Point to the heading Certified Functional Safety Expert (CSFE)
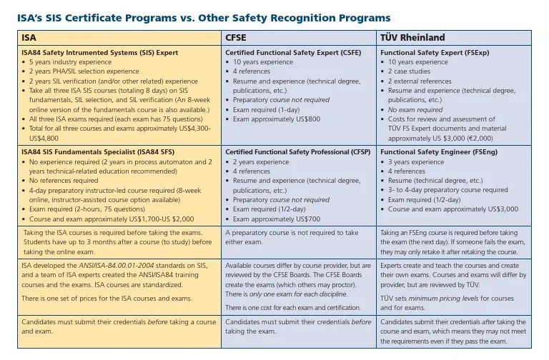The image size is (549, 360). click(293, 53)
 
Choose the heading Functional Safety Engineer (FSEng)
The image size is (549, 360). click(438, 152)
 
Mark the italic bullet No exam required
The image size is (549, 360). click(415, 109)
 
